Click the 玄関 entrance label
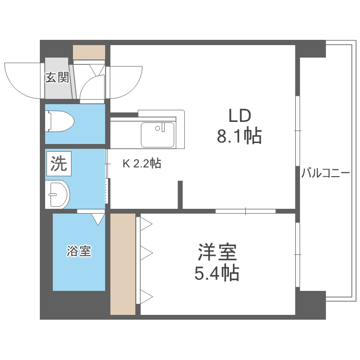(x=58, y=77)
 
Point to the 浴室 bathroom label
(x=79, y=251)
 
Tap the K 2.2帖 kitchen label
(x=142, y=164)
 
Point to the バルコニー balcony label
(x=325, y=173)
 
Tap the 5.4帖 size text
(x=217, y=274)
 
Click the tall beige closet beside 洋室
(x=123, y=264)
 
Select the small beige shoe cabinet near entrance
(x=89, y=52)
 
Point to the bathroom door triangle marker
(x=98, y=219)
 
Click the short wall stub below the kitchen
(x=180, y=194)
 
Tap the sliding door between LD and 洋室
(x=245, y=211)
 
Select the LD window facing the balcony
(x=297, y=131)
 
